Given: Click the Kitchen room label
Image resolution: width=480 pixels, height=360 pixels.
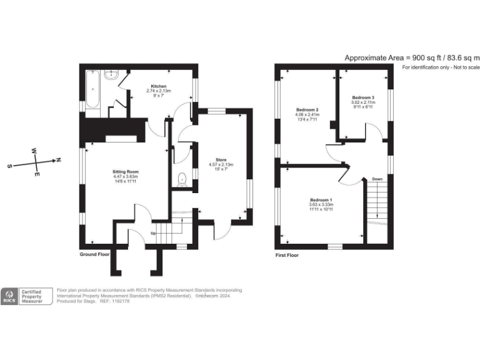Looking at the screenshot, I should coord(157,86).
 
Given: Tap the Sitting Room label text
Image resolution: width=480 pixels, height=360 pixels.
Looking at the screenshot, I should coord(126,171).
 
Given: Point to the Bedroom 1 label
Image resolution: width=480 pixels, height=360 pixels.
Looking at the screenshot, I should coord(321,199).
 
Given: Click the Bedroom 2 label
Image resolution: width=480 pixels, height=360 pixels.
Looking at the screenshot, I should coord(307,110).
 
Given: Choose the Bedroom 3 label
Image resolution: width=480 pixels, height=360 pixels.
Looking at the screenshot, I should coord(363,97).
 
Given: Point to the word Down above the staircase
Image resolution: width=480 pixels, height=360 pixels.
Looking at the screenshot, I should coord(377,179).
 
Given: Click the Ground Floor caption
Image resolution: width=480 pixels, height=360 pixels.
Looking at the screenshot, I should coord(95,255).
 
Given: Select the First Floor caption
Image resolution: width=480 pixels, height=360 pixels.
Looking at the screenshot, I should coord(287,255).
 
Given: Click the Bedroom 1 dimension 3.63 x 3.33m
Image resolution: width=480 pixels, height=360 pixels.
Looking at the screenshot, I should coord(321,204).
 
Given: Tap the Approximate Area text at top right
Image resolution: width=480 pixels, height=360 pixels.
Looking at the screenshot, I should coord(411,57).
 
